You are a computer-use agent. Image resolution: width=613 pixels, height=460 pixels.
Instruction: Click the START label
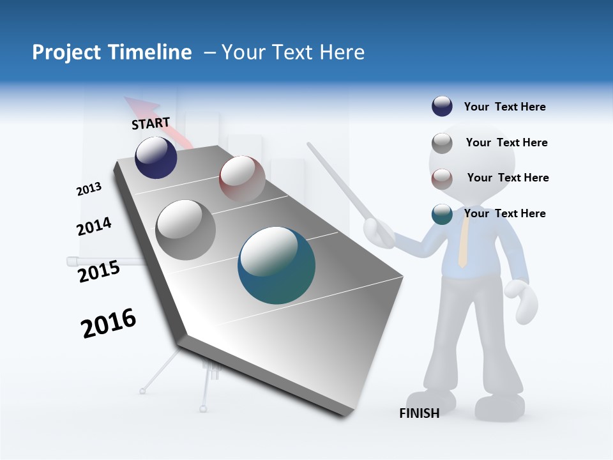[x=151, y=123]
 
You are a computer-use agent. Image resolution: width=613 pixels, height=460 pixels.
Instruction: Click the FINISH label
[x=419, y=413]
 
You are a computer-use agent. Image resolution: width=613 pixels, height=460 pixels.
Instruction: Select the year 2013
[x=89, y=189]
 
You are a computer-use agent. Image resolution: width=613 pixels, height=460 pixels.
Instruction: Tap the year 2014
[x=94, y=226]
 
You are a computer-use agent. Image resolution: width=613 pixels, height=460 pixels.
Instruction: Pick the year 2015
[x=99, y=272]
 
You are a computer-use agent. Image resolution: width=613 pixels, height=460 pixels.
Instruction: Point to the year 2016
[x=109, y=323]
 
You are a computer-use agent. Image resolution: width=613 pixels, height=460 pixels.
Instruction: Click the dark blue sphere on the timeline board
[x=156, y=158]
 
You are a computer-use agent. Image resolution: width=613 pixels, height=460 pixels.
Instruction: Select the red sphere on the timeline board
[x=242, y=178]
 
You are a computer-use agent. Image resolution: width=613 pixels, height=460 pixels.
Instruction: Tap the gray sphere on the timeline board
[x=185, y=230]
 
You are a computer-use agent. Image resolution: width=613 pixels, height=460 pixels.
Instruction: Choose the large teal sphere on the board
[x=276, y=265]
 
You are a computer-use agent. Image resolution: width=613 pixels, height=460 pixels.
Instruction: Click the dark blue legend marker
[x=442, y=107]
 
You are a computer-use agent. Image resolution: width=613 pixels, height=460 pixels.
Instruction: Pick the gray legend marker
[x=442, y=143]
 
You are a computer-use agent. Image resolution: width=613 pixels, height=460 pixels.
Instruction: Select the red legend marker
[x=442, y=178]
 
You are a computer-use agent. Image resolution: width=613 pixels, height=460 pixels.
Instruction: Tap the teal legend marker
[x=442, y=214]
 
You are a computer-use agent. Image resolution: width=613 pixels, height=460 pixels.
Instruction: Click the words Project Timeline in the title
[x=112, y=52]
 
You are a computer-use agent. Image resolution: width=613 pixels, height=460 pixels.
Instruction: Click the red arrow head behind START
[x=135, y=105]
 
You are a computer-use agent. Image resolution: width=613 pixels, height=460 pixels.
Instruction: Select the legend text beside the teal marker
[x=504, y=213]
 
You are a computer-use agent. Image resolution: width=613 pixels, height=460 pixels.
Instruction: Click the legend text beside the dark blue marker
[x=504, y=107]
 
